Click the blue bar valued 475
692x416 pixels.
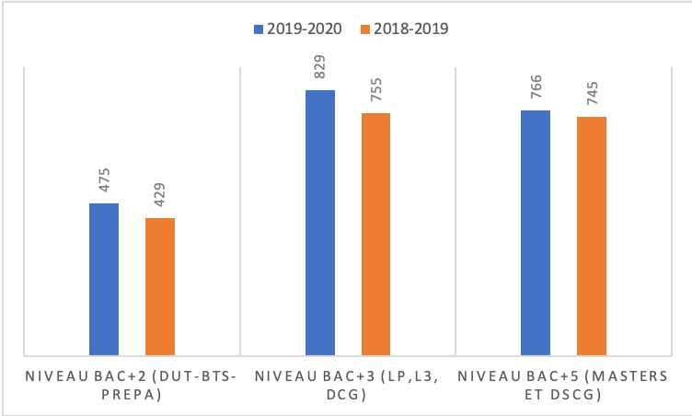(104, 279)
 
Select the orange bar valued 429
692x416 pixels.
(160, 286)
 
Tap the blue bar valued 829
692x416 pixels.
(320, 222)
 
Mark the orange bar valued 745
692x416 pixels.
(592, 236)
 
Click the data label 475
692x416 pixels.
(104, 179)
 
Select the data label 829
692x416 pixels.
(320, 66)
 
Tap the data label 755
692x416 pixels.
(375, 89)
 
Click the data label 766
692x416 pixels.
(536, 87)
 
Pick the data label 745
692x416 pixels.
(592, 93)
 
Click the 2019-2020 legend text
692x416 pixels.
(305, 29)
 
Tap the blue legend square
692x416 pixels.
(259, 29)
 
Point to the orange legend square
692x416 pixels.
(364, 29)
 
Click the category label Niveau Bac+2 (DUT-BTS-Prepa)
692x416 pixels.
(133, 384)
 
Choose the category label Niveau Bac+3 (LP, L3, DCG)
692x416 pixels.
(347, 384)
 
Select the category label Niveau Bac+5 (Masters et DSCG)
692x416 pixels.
(561, 384)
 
